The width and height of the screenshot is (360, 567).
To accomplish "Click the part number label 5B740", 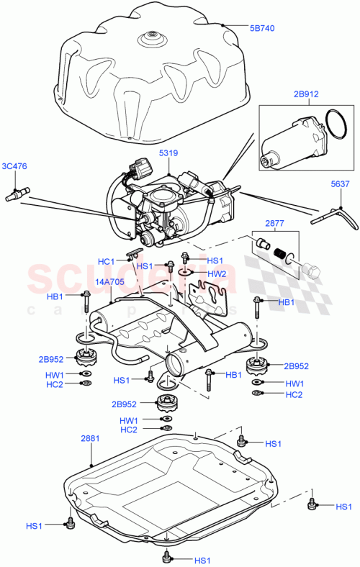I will (262, 28).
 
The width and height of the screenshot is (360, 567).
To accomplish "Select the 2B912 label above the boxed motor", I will (305, 93).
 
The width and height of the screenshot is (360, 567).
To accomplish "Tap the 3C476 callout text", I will (14, 166).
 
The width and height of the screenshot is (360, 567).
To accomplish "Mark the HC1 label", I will (106, 261).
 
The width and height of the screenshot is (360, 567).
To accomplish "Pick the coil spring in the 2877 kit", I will (282, 255).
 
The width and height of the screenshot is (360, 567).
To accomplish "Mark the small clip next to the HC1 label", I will (131, 253).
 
